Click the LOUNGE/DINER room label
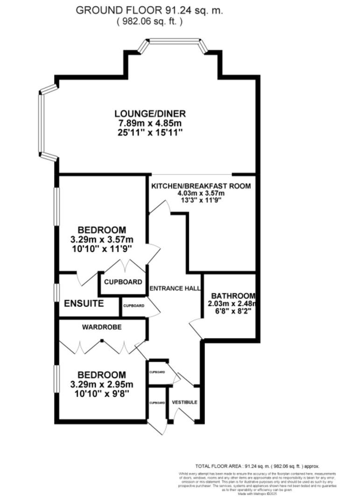click(150, 113)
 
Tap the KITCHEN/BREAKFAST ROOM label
click(201, 186)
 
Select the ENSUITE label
click(84, 303)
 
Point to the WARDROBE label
click(102, 328)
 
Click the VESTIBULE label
click(184, 402)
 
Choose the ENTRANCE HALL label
click(175, 288)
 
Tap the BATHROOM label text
click(233, 296)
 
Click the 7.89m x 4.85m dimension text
click(150, 123)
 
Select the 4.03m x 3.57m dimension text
click(201, 193)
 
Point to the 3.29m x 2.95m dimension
click(102, 385)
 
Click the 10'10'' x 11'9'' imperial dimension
click(102, 249)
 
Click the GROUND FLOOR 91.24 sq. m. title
click(149, 10)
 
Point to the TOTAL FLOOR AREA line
click(257, 466)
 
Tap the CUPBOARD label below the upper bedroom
click(123, 282)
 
